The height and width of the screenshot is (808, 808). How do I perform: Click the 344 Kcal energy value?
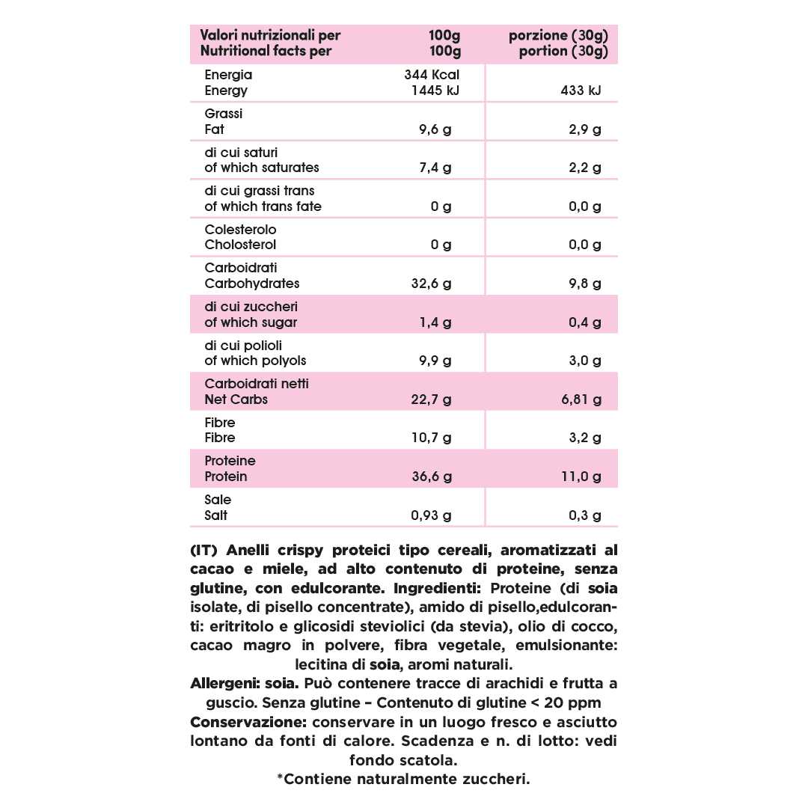coord(431,75)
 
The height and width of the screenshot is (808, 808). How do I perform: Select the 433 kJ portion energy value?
coord(580,91)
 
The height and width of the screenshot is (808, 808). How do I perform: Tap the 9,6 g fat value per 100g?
coord(435,129)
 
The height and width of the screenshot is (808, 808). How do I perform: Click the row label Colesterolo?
coord(240,230)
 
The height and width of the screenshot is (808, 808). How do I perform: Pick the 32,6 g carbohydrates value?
coord(432,284)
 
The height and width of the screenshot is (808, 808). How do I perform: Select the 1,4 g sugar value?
coord(435,322)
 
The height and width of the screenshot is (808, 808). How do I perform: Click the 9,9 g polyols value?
coord(435,361)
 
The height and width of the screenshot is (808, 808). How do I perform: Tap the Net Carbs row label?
coord(236,400)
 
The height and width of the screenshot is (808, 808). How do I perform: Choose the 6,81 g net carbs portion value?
coord(581,400)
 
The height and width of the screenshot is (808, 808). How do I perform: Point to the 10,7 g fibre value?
coord(432,438)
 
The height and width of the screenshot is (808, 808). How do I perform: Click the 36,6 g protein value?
coord(432,477)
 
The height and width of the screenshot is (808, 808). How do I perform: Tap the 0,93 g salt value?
coord(432,515)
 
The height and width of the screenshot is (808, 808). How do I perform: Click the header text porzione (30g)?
coord(558,35)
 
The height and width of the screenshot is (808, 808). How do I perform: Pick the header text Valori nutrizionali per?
coord(270,35)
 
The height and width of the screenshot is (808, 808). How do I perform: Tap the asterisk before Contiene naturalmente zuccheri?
coord(281,780)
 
